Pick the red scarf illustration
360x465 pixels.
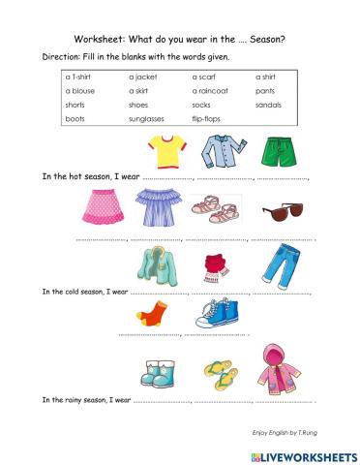click(215, 265)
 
